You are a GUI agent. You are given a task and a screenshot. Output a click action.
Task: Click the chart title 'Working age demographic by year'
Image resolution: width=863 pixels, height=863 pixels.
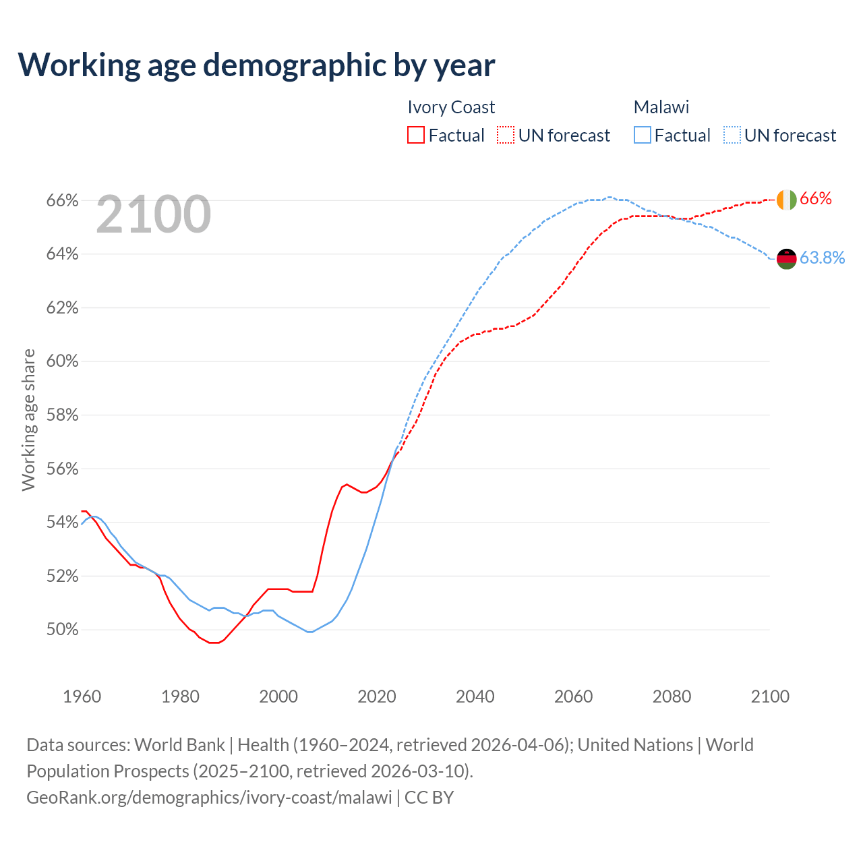pos(256,65)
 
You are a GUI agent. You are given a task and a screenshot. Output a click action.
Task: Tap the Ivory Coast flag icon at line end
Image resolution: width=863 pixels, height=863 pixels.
pos(786,200)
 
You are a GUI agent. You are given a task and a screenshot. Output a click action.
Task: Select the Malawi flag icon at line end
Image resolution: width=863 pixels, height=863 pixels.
pos(786,258)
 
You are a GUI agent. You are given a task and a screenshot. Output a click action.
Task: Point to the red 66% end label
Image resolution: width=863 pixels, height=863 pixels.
pos(816,199)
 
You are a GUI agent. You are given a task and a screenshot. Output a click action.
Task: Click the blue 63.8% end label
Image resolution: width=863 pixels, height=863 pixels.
pos(822,258)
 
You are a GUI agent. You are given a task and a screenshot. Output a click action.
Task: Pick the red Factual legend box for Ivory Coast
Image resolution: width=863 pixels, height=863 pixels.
pos(416,136)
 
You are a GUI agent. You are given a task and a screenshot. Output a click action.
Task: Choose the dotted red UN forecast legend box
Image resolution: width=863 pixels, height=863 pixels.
pos(506,136)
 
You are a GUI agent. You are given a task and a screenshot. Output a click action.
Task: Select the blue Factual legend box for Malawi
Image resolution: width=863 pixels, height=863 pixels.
pos(643,136)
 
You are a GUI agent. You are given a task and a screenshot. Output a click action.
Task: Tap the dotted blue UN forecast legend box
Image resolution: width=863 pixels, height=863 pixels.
pos(732,136)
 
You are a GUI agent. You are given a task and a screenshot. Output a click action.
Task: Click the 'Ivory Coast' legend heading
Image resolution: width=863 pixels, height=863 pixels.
pos(451,107)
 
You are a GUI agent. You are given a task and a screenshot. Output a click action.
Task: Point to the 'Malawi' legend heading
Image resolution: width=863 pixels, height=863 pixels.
pos(661,107)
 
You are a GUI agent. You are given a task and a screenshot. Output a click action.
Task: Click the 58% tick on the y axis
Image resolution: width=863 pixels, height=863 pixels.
pos(62,415)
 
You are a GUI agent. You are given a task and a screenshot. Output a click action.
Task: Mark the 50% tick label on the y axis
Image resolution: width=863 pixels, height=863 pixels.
pos(62,630)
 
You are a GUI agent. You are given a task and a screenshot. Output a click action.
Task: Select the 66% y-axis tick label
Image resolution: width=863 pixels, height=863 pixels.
pos(62,201)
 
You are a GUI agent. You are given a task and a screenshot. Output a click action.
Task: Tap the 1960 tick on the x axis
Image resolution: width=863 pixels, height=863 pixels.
pos(82,696)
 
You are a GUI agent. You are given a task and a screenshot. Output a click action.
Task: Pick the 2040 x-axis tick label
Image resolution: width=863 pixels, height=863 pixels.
pos(475,696)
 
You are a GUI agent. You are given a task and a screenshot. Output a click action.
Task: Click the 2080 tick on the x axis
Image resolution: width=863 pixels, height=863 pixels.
pos(672,696)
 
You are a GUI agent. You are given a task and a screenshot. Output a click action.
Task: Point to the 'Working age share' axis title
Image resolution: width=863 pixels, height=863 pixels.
pos(28,419)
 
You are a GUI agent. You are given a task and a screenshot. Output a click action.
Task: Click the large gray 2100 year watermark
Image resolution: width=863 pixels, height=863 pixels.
pos(154,214)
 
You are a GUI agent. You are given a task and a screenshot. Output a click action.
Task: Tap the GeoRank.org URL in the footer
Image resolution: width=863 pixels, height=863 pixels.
pos(209,798)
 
